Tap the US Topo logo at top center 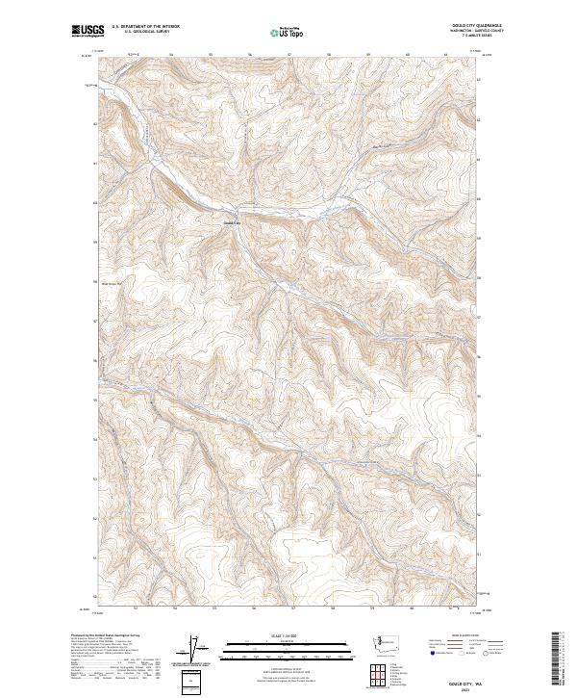[x=288, y=32]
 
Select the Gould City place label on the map [x=229, y=224]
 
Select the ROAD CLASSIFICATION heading [x=464, y=635]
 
